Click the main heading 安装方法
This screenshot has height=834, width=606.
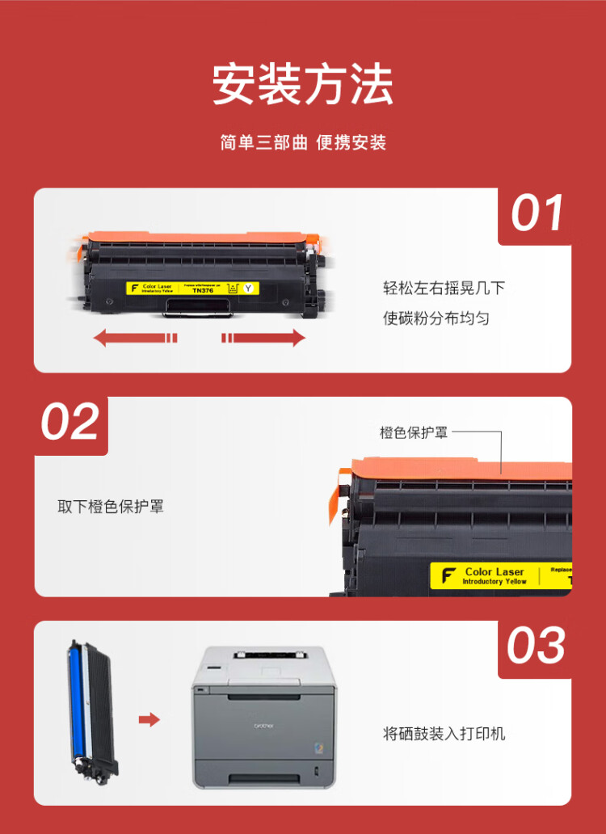[302, 84]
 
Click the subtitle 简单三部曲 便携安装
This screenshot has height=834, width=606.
[303, 143]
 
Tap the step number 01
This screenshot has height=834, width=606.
[537, 214]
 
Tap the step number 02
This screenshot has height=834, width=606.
[70, 423]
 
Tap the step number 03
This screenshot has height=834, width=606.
[536, 647]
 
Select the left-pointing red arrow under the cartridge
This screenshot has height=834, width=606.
[135, 338]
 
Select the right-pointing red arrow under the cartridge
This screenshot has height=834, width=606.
[264, 338]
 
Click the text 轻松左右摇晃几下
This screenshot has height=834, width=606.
[444, 289]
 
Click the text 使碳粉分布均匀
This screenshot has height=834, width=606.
[436, 318]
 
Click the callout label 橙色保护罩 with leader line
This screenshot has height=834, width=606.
[414, 432]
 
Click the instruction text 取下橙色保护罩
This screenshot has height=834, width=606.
[111, 508]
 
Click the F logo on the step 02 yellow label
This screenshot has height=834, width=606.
[448, 576]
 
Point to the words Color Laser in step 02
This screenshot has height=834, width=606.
[494, 571]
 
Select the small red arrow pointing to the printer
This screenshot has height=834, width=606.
[149, 719]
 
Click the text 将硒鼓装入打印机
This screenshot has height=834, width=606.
[444, 734]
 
